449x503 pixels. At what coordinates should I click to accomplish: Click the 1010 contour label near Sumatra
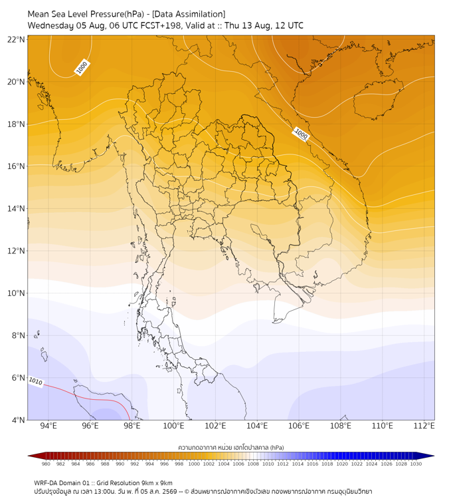tap(36, 381)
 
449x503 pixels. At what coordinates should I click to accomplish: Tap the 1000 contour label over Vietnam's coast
tap(301, 134)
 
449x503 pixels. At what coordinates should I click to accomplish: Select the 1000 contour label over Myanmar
tap(82, 67)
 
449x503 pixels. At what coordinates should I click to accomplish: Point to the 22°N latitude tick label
tap(16, 39)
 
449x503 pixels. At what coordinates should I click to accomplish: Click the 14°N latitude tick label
tap(16, 208)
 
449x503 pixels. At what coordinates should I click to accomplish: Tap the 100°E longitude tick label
tap(173, 426)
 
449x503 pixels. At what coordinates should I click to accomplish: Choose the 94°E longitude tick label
tap(48, 426)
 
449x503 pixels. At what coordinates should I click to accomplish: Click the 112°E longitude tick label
tap(424, 426)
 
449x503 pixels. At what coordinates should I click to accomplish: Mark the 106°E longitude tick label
tap(299, 426)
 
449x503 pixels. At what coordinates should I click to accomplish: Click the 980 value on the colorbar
tap(46, 464)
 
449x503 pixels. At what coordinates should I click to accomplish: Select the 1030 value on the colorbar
tap(416, 464)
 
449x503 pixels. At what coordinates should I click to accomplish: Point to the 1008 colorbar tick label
tap(253, 464)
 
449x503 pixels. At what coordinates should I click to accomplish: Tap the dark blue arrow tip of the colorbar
tap(434, 456)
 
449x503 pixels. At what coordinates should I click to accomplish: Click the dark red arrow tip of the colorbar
tap(29, 456)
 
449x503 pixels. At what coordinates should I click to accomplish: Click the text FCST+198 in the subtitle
tap(161, 26)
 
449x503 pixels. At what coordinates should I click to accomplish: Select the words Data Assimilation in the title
tap(189, 15)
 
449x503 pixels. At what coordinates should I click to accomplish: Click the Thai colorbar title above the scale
tap(231, 447)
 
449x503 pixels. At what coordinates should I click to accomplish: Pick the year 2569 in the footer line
tap(170, 492)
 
